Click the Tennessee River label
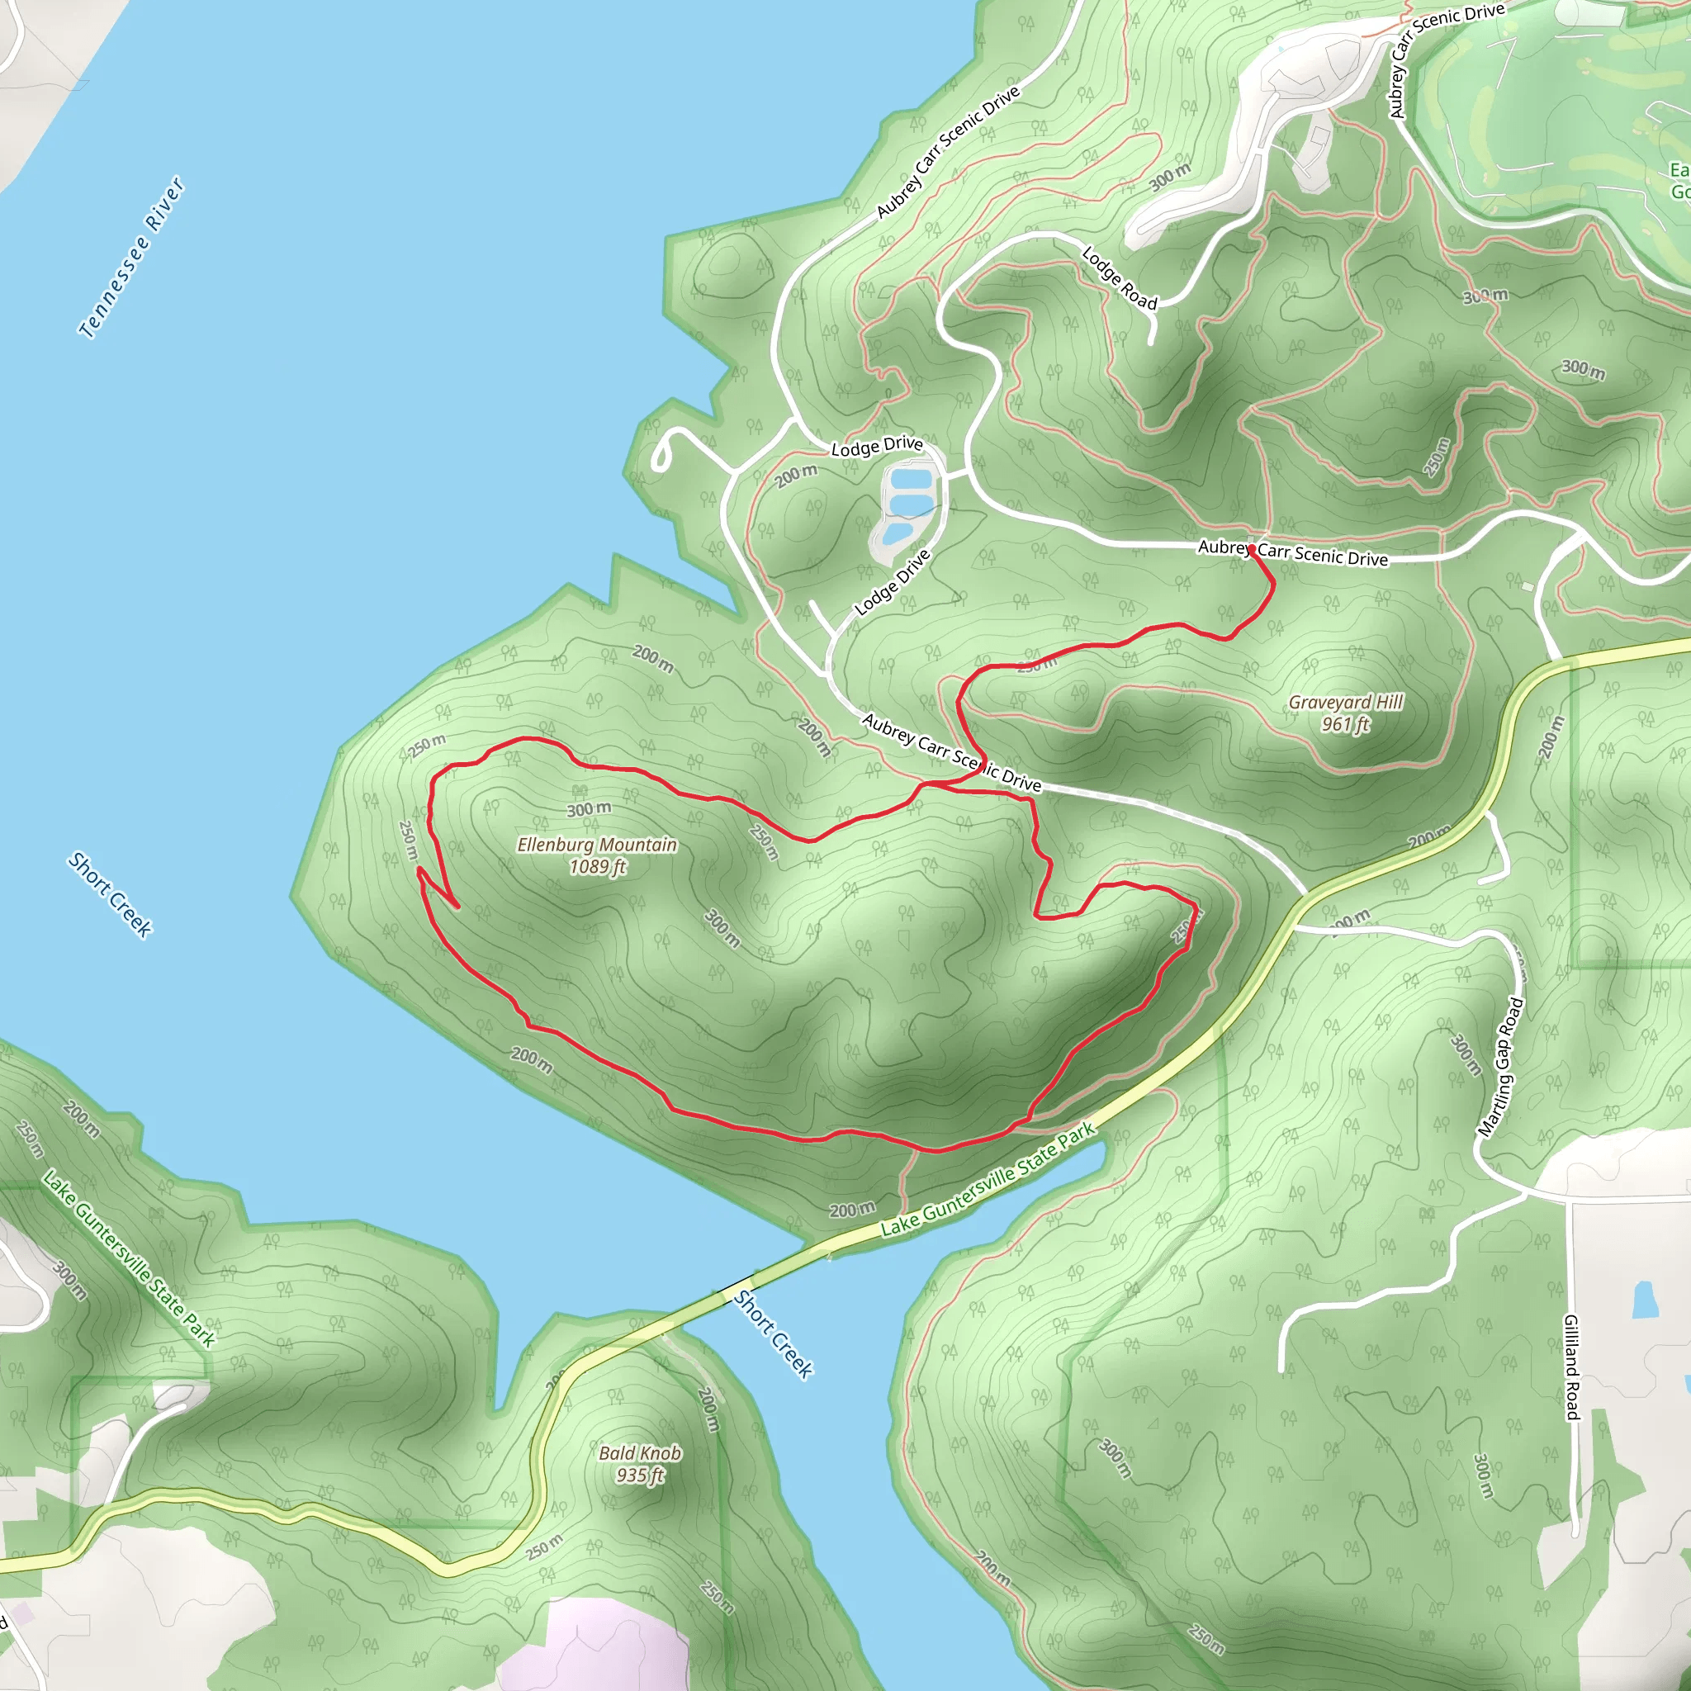click(x=131, y=258)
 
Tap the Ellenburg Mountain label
click(x=597, y=845)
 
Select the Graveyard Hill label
click(x=1345, y=702)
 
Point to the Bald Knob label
click(x=640, y=1453)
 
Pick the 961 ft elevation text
click(x=1345, y=725)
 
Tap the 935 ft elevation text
click(x=640, y=1475)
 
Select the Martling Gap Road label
click(x=1501, y=1068)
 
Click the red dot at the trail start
click(x=1252, y=549)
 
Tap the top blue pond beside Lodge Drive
click(x=909, y=479)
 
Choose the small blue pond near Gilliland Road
click(x=1644, y=1300)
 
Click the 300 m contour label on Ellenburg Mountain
click(x=588, y=808)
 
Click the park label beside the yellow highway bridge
click(x=988, y=1179)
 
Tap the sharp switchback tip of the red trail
click(x=419, y=869)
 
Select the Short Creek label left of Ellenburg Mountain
click(x=111, y=893)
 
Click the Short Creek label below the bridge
click(x=774, y=1334)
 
